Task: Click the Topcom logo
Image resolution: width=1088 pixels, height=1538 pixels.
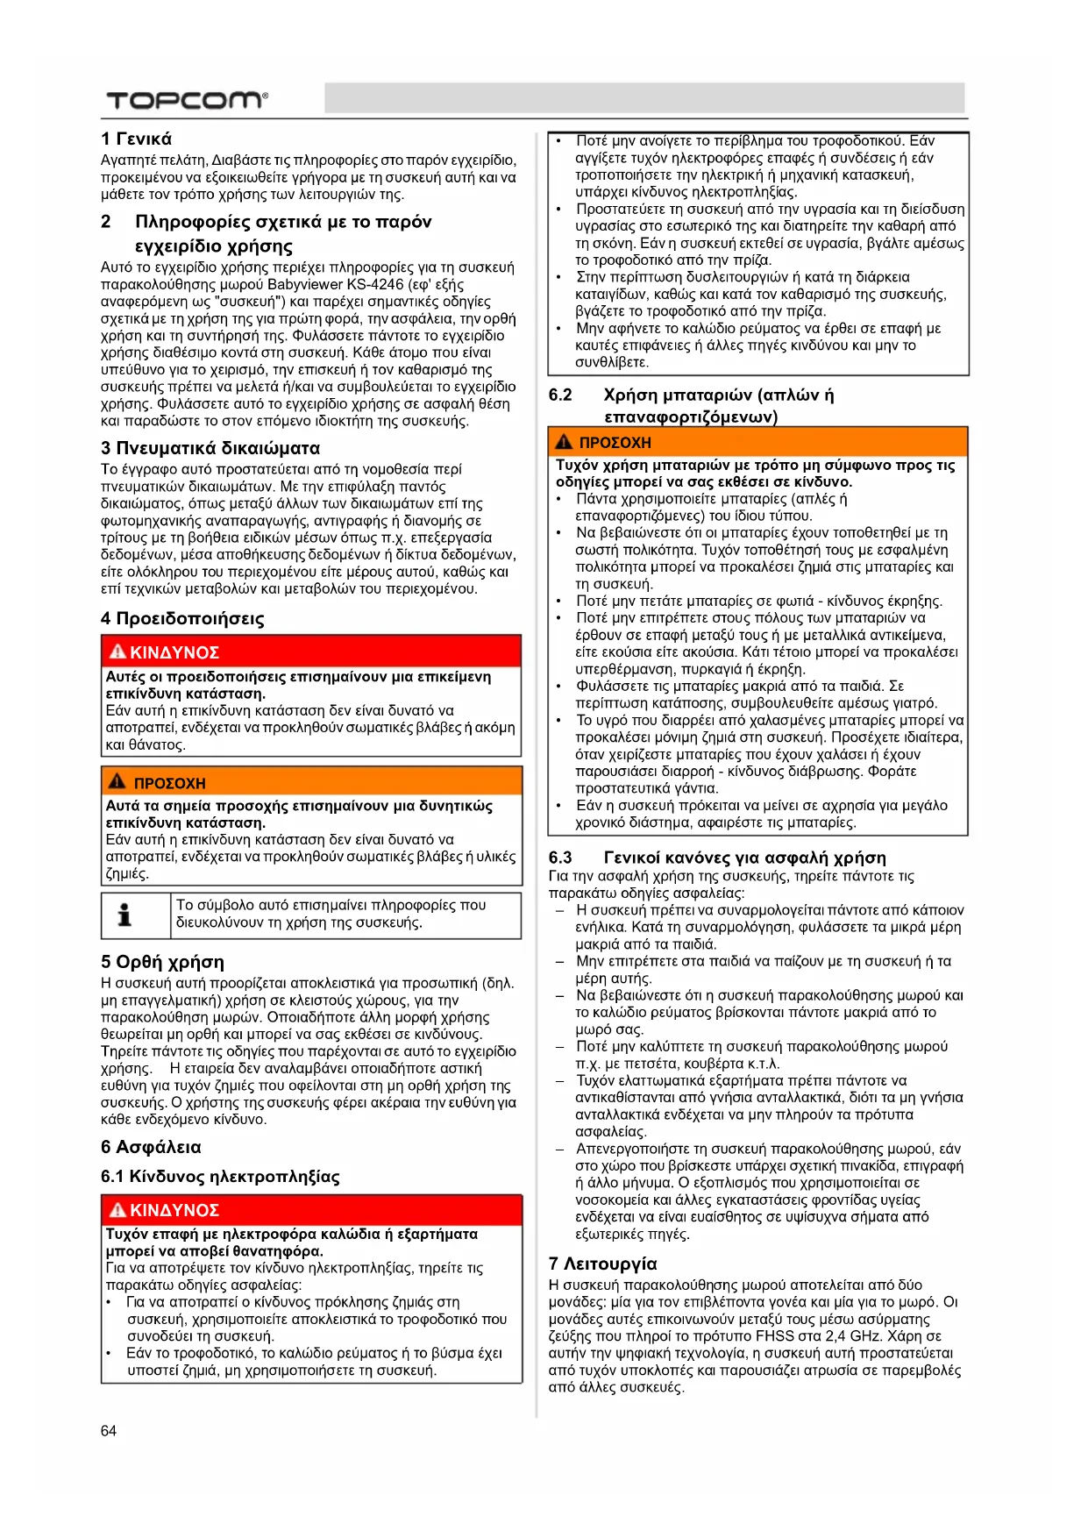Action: [186, 100]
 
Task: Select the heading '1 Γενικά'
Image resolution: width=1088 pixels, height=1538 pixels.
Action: [136, 139]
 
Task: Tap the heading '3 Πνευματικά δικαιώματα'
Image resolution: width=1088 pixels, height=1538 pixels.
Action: [210, 448]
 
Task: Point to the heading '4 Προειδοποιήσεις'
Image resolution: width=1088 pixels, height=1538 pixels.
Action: [182, 618]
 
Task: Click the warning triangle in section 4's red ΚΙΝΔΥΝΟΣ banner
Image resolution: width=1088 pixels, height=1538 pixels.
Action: [117, 652]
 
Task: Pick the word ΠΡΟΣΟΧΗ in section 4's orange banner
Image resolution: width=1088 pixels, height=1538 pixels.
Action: [169, 783]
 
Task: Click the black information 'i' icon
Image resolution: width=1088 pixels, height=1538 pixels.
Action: [125, 915]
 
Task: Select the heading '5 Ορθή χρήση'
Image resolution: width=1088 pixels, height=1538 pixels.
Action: [162, 962]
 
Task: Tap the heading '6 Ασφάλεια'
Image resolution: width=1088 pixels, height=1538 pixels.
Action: [151, 1147]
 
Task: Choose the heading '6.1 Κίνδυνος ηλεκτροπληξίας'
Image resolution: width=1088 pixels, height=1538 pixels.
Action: [220, 1177]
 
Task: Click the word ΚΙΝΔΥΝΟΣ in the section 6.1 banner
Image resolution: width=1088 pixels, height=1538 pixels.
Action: [174, 1210]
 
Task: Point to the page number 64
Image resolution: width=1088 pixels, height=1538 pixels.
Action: [109, 1431]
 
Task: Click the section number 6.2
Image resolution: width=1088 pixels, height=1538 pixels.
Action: [560, 395]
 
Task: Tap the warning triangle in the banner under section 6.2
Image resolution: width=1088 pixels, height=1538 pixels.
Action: [564, 442]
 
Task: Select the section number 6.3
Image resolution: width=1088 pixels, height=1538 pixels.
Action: [560, 858]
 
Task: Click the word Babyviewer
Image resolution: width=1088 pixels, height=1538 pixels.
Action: [306, 284]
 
